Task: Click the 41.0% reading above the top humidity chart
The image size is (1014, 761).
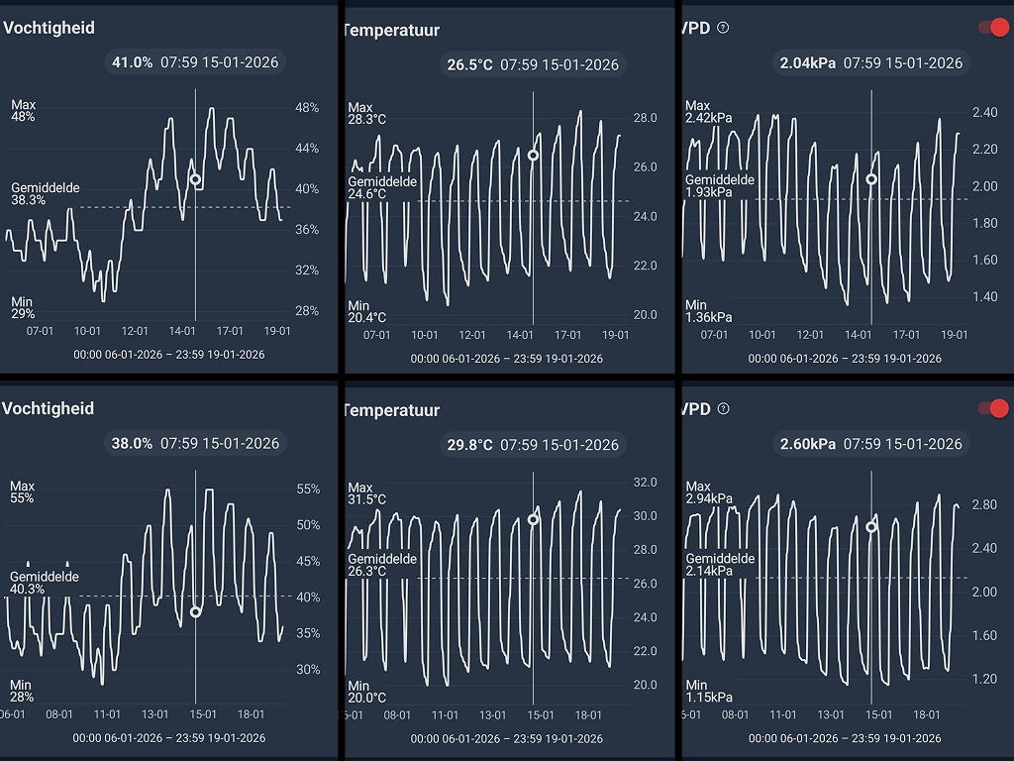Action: [132, 62]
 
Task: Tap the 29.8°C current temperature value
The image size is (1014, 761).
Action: [469, 445]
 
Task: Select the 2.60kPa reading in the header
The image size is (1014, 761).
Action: [806, 444]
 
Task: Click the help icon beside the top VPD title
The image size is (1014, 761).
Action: [723, 28]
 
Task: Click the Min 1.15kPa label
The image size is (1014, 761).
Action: [709, 692]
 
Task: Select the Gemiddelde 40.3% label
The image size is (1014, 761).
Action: [45, 583]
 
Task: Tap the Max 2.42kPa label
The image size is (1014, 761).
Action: [708, 112]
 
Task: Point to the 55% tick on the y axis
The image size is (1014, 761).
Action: [308, 489]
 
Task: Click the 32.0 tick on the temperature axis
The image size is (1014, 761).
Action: [646, 483]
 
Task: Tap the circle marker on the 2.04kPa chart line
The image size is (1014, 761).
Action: [871, 179]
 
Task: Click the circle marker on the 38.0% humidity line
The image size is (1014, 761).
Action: [195, 611]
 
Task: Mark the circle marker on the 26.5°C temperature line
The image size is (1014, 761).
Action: [533, 155]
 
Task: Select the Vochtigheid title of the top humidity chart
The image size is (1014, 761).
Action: [50, 28]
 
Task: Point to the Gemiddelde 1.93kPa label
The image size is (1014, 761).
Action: [720, 186]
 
